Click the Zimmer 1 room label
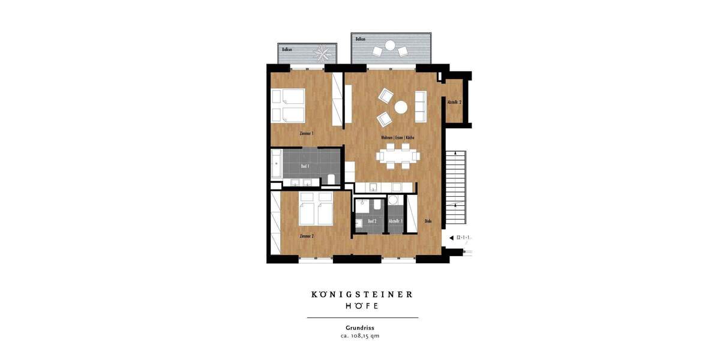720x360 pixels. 306,133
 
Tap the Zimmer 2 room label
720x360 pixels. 306,236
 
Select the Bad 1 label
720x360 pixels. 305,166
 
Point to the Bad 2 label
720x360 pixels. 372,221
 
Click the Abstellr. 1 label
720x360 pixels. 395,221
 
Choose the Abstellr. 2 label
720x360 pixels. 454,103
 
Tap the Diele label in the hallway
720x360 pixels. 428,221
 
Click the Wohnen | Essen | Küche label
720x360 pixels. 397,137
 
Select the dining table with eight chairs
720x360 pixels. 398,156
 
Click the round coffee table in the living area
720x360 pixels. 401,107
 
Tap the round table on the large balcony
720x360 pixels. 390,45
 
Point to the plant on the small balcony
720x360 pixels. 323,52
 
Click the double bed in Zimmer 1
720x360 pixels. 289,106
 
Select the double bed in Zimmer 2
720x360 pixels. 316,209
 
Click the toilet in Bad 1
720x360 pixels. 331,179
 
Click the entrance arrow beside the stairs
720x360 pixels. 451,238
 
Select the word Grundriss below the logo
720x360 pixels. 360,328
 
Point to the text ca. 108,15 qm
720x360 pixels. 360,336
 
